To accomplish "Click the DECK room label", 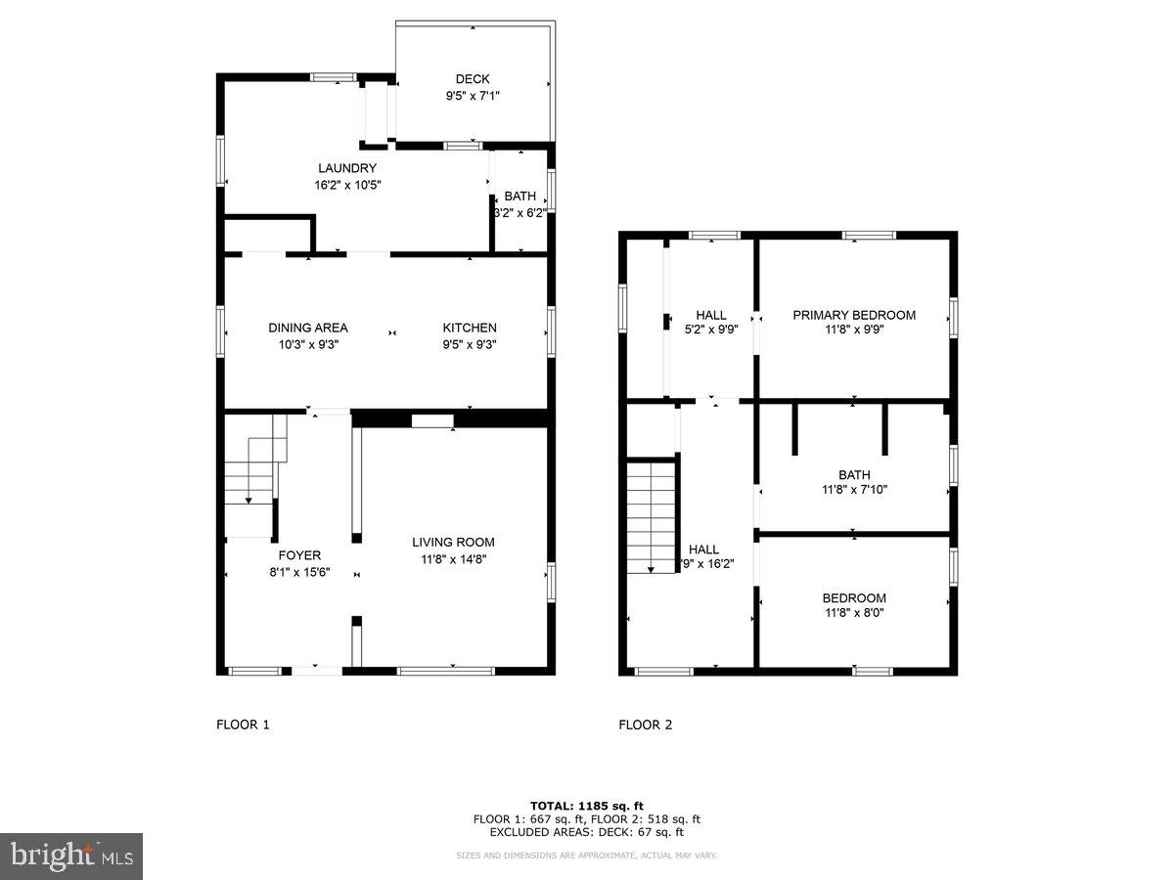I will click(473, 79).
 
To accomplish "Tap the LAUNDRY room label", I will click(346, 168).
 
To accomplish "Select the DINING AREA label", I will click(308, 328).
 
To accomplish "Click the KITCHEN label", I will click(470, 328).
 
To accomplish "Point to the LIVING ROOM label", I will click(453, 542).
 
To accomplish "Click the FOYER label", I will click(299, 555).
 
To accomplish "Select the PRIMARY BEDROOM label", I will click(854, 315).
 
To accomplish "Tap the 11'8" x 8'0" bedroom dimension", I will click(854, 613).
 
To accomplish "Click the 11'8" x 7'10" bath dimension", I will click(854, 490).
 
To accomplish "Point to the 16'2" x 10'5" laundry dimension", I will click(346, 184).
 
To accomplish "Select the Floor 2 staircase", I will click(652, 518).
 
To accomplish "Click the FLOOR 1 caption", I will click(243, 725).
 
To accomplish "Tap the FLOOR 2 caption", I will click(646, 725).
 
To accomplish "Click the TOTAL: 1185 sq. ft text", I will click(587, 806).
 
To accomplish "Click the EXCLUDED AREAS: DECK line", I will click(587, 832).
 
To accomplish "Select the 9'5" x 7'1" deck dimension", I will click(473, 96).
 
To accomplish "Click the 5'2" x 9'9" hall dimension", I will click(711, 330).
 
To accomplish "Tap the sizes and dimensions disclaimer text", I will click(587, 856).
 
